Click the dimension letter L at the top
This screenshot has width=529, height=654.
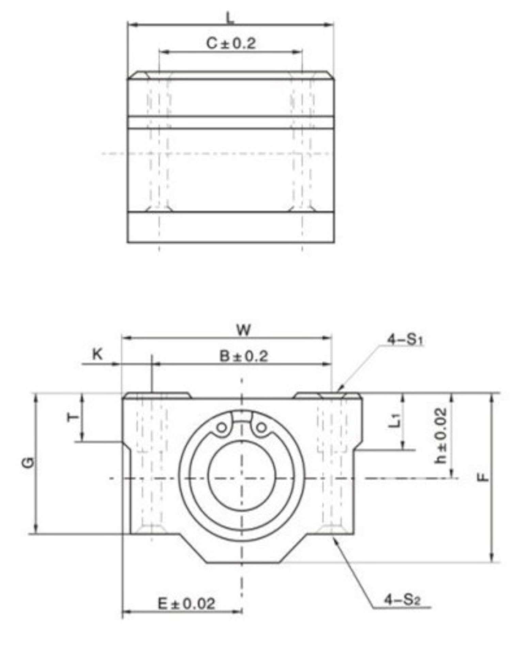(231, 18)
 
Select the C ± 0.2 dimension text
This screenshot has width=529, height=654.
(231, 43)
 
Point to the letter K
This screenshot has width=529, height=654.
(97, 355)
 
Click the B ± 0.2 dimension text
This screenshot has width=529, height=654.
(244, 356)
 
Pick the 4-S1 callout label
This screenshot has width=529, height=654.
(405, 340)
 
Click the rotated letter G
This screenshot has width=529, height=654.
(30, 462)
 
